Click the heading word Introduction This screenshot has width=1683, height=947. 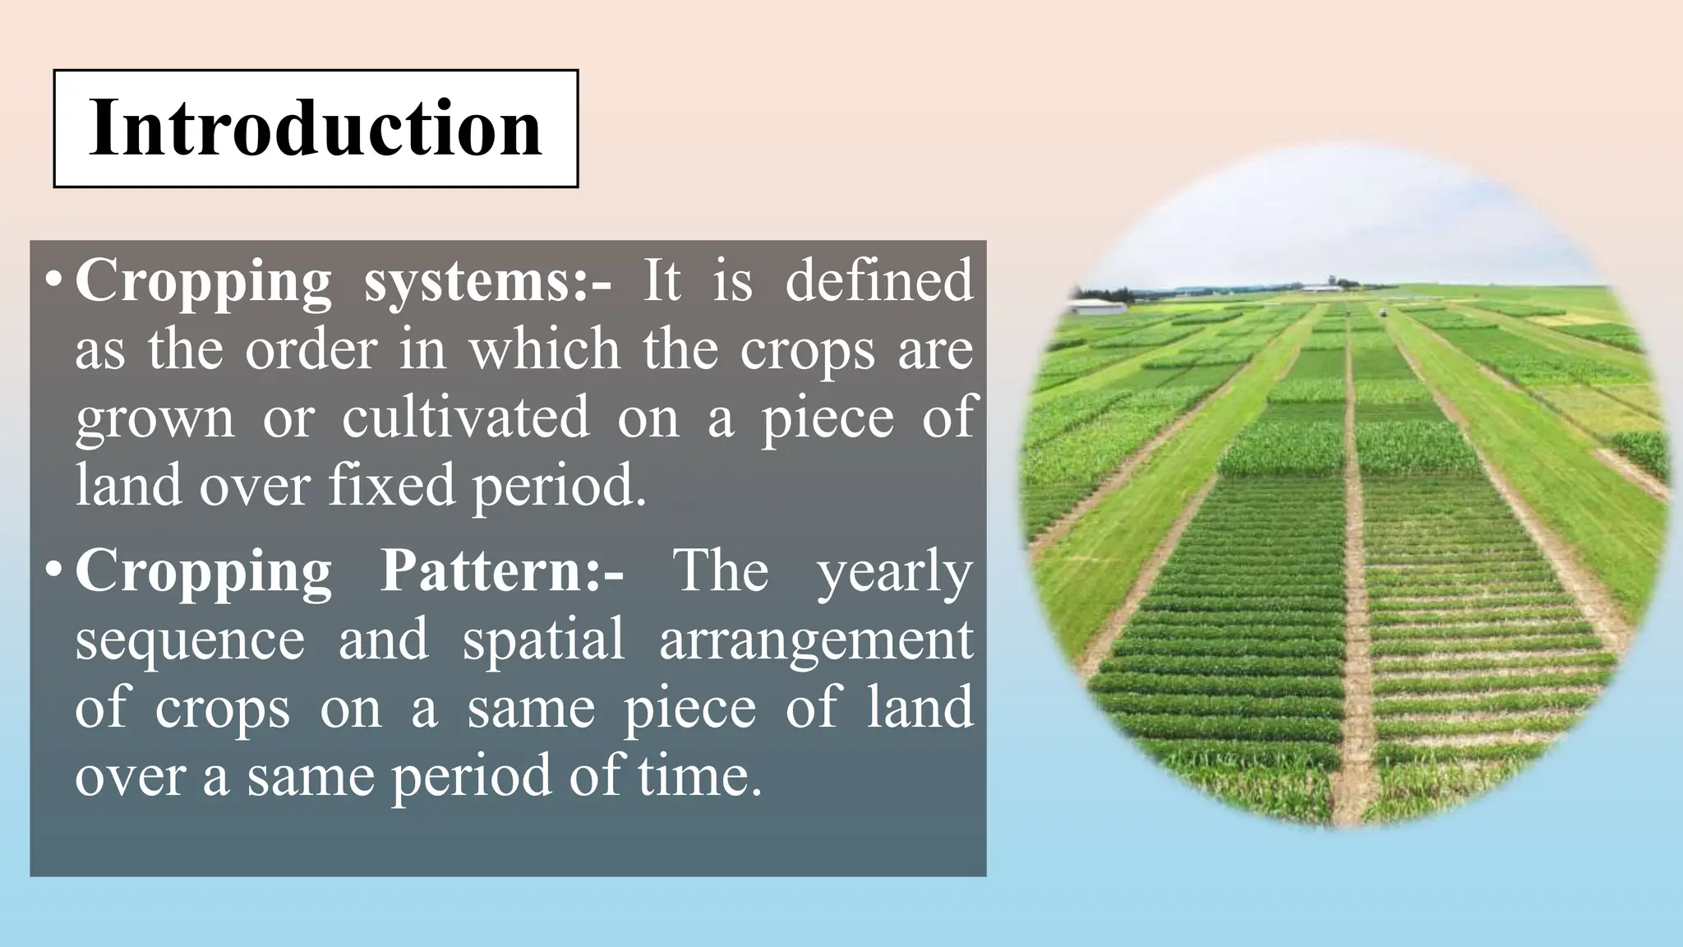coord(316,128)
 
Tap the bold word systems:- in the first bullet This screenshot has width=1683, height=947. coord(487,281)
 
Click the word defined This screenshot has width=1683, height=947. coord(878,281)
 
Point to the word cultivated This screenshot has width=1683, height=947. coord(465,416)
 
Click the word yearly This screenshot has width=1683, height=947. coord(895,573)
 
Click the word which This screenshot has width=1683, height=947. coord(544,349)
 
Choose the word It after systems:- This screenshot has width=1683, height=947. coord(662,281)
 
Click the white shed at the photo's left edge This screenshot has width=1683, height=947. coord(1096,307)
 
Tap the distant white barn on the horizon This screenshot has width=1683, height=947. coord(1321,288)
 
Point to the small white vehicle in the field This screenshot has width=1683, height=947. coord(1382,312)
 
